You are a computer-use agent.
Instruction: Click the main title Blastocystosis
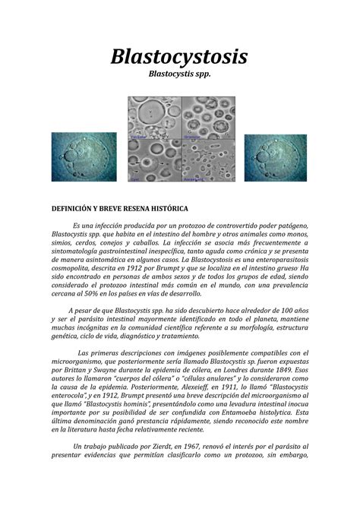[x=179, y=57]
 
